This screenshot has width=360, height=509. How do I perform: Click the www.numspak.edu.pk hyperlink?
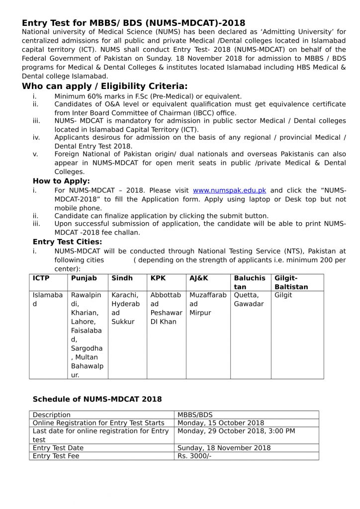tap(229, 190)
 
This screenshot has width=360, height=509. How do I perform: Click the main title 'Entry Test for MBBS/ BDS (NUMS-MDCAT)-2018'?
tap(133, 23)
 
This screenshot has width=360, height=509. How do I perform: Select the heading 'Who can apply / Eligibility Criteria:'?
tap(104, 86)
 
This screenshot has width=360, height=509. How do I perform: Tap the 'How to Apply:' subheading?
tap(61, 181)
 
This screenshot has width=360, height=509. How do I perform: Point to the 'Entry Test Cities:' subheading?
tap(67, 242)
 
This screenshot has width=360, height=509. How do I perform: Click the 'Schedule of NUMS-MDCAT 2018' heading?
tap(97, 399)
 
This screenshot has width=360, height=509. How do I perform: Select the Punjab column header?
tap(84, 278)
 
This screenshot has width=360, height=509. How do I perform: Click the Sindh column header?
tap(122, 278)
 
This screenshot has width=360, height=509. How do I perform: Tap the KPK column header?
tap(158, 278)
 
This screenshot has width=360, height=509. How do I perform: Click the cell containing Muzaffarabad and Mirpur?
tap(207, 304)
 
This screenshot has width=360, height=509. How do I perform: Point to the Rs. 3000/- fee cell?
tap(194, 456)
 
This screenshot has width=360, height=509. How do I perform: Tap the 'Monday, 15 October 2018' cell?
tap(220, 423)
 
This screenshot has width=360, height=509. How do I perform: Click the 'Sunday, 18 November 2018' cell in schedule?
tap(224, 448)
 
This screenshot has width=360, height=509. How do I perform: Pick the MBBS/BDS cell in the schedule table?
tap(194, 415)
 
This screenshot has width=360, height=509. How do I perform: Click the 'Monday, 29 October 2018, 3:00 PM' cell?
tap(236, 431)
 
